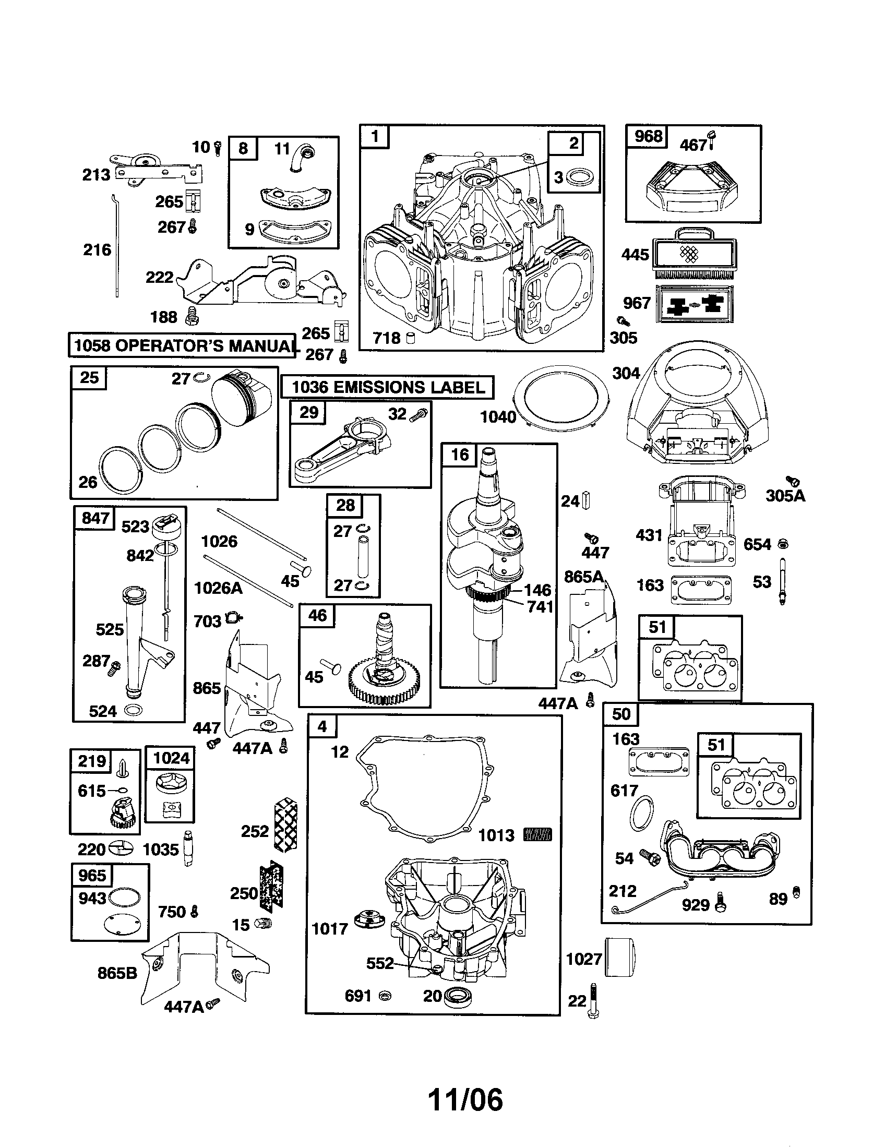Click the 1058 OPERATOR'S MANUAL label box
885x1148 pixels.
(x=181, y=345)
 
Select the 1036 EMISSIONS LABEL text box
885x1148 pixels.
(x=388, y=387)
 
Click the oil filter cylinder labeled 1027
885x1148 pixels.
(x=620, y=958)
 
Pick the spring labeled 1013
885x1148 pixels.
(x=537, y=835)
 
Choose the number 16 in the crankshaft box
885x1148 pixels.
(x=459, y=454)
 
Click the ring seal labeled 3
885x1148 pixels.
(x=582, y=176)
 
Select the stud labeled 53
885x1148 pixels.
(x=783, y=581)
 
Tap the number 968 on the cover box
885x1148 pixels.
(x=648, y=136)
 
